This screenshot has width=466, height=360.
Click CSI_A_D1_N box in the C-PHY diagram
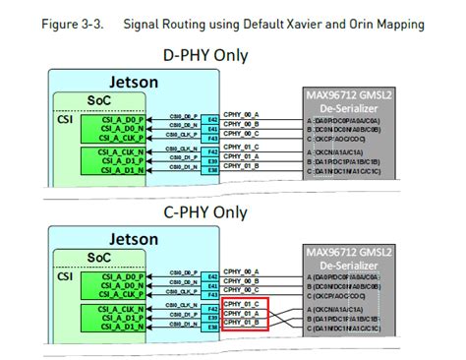coord(115,329)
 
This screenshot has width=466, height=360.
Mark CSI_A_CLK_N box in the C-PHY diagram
coord(115,309)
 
